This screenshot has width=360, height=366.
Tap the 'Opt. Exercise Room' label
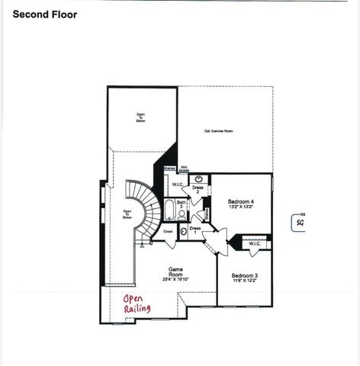pos(218,130)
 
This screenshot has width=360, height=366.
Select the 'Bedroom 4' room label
pos(241,202)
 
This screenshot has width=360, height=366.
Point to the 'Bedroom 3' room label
pos(245,274)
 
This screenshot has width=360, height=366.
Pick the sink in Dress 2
pos(198,178)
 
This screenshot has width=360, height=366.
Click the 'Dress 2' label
pos(197,189)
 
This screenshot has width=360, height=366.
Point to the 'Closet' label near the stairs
pos(168,230)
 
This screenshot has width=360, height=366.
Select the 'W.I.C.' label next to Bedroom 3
pos(255,244)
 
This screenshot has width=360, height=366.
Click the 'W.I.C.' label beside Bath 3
pos(177,185)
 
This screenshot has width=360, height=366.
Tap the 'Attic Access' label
pos(184,169)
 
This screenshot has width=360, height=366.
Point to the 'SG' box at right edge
pos(298,223)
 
